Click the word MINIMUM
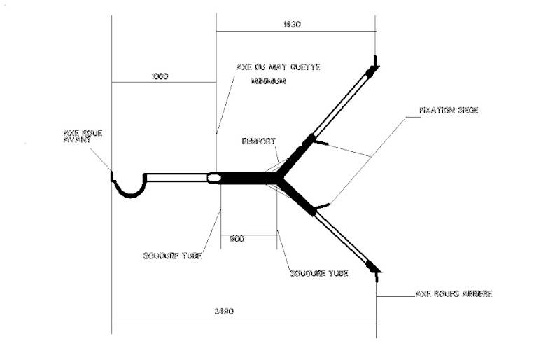[269, 81]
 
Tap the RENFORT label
[258, 141]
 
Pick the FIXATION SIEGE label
[448, 111]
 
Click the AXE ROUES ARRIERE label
[454, 294]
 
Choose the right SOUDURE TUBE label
[318, 272]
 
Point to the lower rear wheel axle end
[374, 270]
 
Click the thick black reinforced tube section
[245, 178]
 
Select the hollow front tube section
[178, 177]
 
